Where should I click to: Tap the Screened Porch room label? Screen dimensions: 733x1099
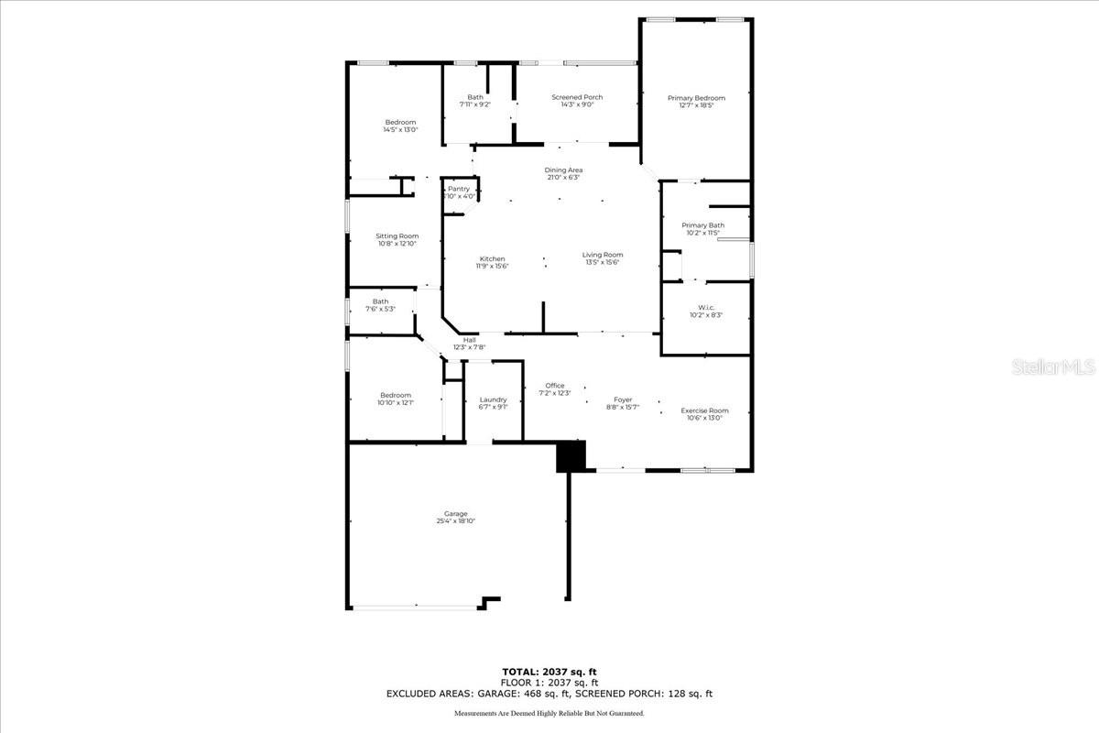pos(577,97)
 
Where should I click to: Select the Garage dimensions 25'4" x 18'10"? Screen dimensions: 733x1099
pos(455,521)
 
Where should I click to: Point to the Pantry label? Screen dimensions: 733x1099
pos(459,189)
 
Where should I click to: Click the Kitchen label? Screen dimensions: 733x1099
pos(492,258)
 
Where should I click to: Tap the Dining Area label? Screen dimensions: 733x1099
pos(563,170)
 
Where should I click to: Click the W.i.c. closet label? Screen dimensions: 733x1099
pos(705,307)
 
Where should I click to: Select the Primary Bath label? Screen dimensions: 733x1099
pos(702,225)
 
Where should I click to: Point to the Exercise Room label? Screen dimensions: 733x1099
pos(704,410)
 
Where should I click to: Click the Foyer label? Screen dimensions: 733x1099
pos(623,399)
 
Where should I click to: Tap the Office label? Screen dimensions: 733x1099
pos(555,386)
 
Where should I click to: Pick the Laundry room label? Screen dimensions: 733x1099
pos(493,399)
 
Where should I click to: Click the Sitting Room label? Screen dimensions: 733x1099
pos(397,235)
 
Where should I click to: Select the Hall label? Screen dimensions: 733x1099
pos(469,340)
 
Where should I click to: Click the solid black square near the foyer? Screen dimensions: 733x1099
pos(571,456)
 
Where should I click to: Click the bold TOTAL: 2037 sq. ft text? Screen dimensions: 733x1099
pos(549,673)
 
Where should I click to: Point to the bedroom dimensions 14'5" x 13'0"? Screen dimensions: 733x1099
pos(400,130)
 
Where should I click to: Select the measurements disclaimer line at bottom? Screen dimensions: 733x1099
pos(549,713)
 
